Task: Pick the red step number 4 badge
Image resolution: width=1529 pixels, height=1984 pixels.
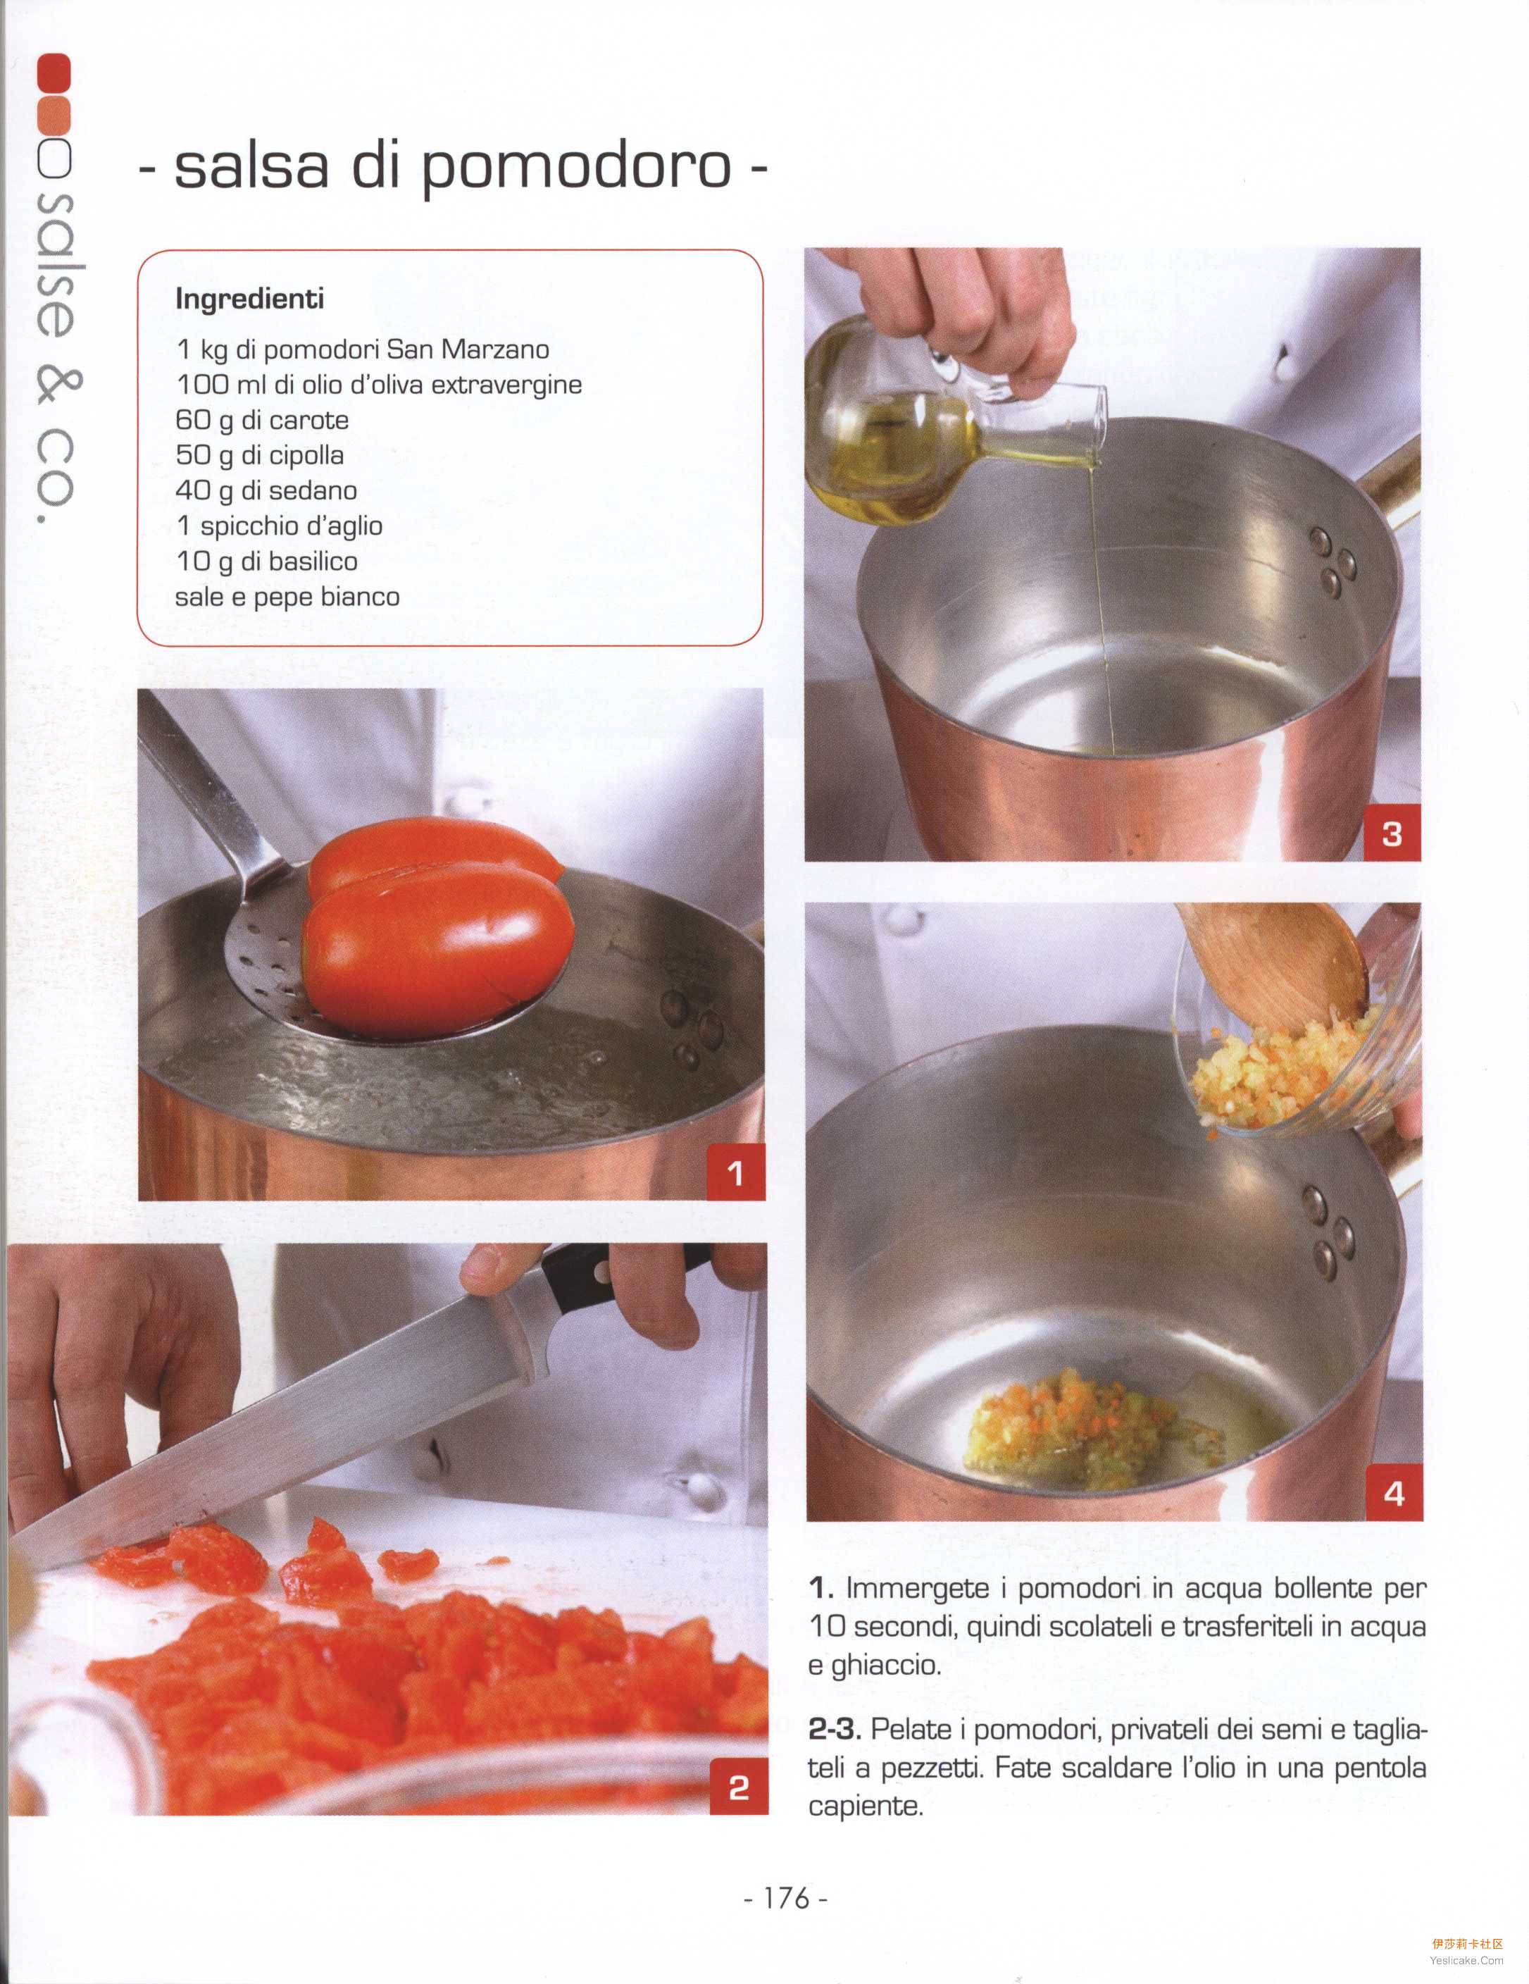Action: coord(1394,1492)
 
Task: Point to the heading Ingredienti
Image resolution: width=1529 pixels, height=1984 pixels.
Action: coord(250,299)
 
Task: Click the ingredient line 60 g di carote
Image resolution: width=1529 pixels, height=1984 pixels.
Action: coord(263,420)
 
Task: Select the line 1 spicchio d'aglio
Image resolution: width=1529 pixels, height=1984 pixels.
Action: coord(280,526)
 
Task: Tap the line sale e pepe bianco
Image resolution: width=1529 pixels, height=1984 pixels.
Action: coord(287,597)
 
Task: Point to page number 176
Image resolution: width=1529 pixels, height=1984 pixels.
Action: coord(786,1899)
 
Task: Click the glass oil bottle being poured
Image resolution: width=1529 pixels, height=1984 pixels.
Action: coord(944,427)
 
